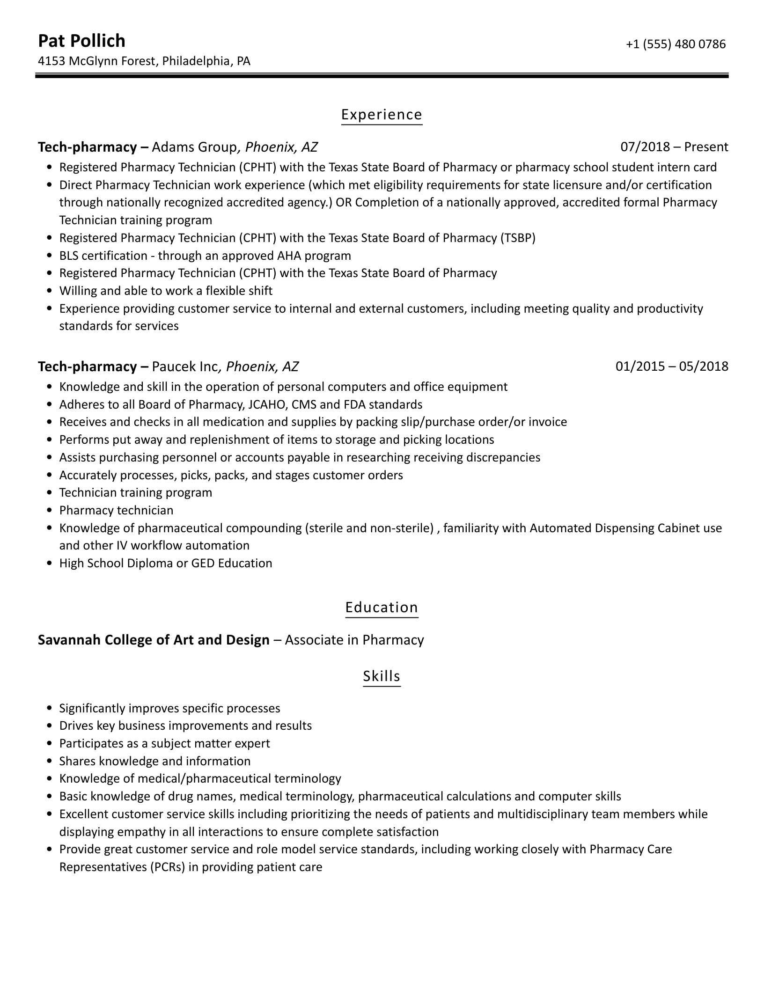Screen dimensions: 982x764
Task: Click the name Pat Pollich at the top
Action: tap(81, 41)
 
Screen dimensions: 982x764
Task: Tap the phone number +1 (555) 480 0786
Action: tap(676, 44)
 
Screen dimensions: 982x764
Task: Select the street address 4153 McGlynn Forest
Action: tap(96, 61)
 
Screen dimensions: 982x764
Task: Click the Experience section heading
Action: tap(382, 115)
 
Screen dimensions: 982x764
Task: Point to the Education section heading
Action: tap(382, 607)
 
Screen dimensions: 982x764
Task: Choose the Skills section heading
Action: tap(382, 676)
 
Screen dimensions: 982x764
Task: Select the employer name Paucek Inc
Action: tap(185, 366)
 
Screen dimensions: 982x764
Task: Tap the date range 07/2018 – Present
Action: tap(674, 147)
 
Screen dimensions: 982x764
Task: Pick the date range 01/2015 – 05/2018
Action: tap(672, 366)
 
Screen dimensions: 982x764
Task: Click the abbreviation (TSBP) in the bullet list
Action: tap(518, 238)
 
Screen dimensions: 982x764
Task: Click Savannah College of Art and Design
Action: tap(154, 640)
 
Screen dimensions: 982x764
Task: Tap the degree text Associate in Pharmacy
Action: tap(354, 640)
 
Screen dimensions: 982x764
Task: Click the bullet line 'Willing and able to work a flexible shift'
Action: tap(166, 291)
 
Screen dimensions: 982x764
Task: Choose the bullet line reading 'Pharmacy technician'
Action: tap(116, 510)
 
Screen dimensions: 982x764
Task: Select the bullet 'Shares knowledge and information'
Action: tap(155, 761)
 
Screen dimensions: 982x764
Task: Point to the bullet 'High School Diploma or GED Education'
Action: tap(166, 563)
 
